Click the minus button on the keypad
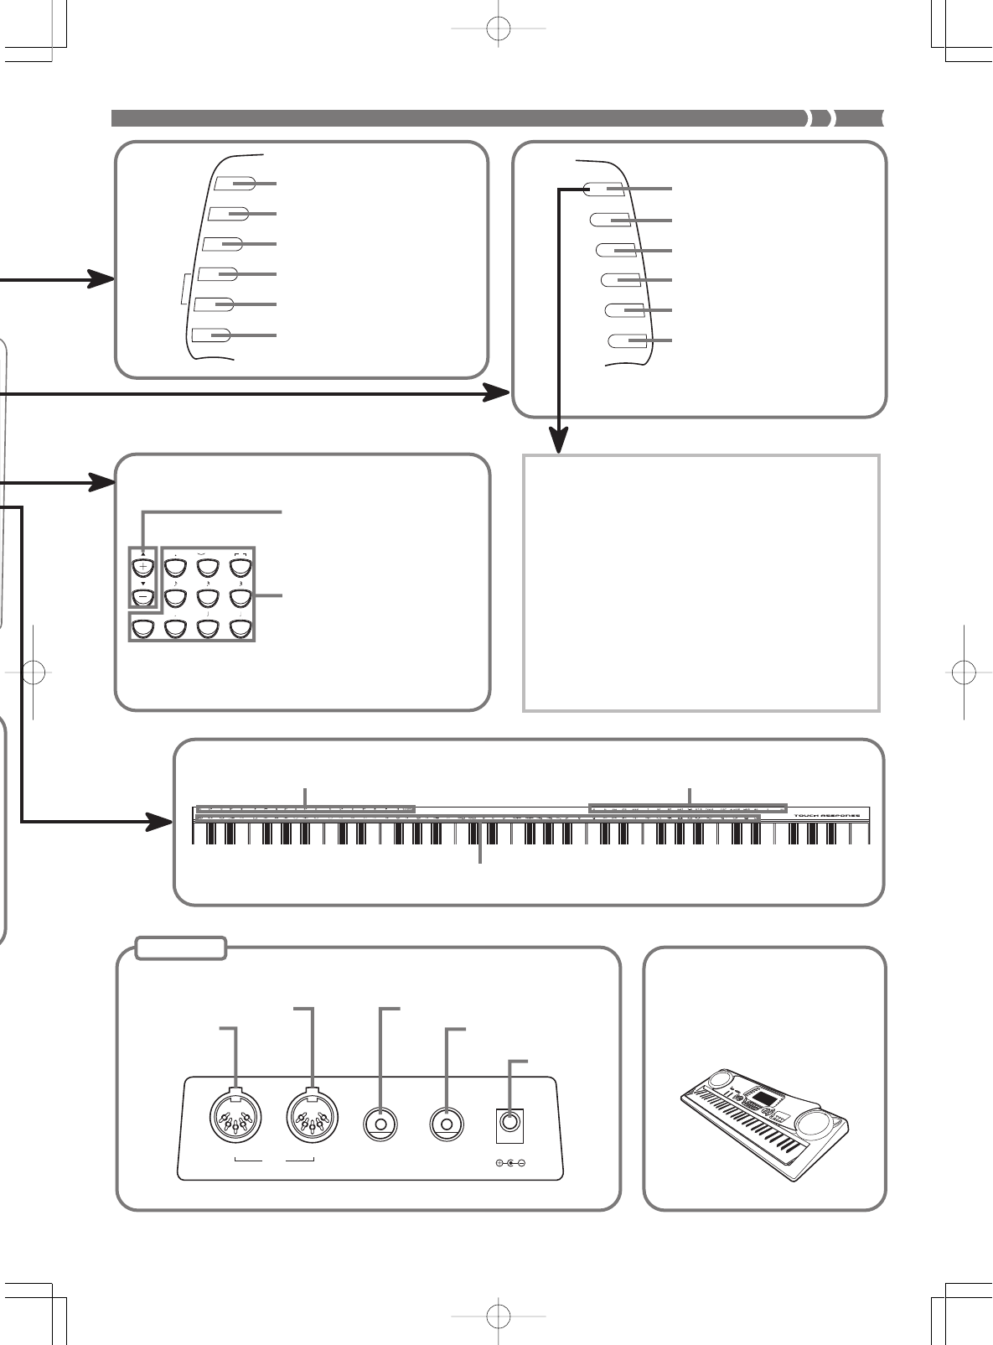click(143, 598)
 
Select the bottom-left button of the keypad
click(143, 629)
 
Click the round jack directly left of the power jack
click(447, 1123)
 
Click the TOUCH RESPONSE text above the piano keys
click(829, 814)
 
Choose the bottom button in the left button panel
click(212, 335)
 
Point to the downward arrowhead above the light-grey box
click(559, 439)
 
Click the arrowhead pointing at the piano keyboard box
click(160, 821)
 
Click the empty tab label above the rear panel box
click(181, 948)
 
